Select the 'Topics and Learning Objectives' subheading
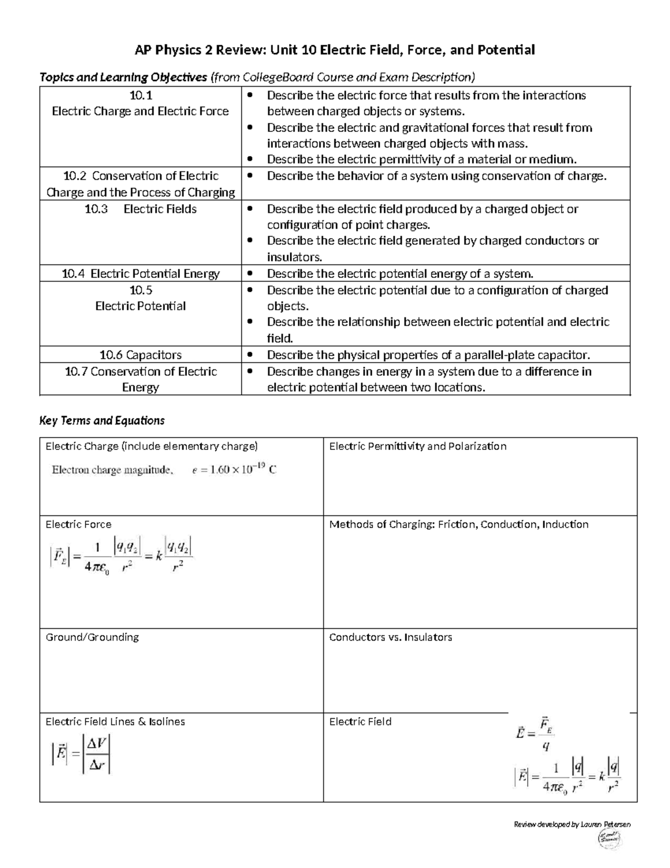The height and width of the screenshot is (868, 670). coord(123,77)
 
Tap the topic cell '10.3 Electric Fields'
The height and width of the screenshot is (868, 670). coord(141,209)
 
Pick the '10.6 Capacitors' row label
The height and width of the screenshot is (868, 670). coord(141,355)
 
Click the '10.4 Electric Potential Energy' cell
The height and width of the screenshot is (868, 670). coord(141,274)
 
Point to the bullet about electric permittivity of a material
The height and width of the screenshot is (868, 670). coord(421,160)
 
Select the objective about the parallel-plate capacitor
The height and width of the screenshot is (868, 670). coord(428,355)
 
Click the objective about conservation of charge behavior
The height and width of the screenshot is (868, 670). coord(436,176)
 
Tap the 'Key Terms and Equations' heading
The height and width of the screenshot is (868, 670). coord(102,420)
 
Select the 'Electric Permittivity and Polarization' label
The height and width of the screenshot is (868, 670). coord(418,446)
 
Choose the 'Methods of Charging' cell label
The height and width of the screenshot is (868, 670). coord(458,524)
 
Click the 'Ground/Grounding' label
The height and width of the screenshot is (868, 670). coord(92,637)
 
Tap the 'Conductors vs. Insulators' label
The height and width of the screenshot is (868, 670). coord(390,637)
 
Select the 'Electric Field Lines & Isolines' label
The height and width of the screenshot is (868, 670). coord(115,722)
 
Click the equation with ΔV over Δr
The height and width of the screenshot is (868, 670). coord(82,754)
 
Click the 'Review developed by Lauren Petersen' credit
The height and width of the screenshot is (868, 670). coord(572,824)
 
